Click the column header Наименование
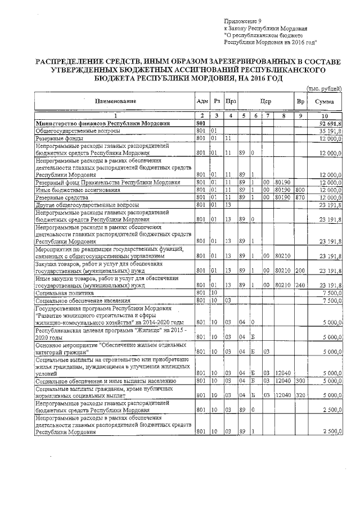point(115,101)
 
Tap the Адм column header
point(201,101)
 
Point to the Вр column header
point(300,101)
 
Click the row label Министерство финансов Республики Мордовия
point(102,123)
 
